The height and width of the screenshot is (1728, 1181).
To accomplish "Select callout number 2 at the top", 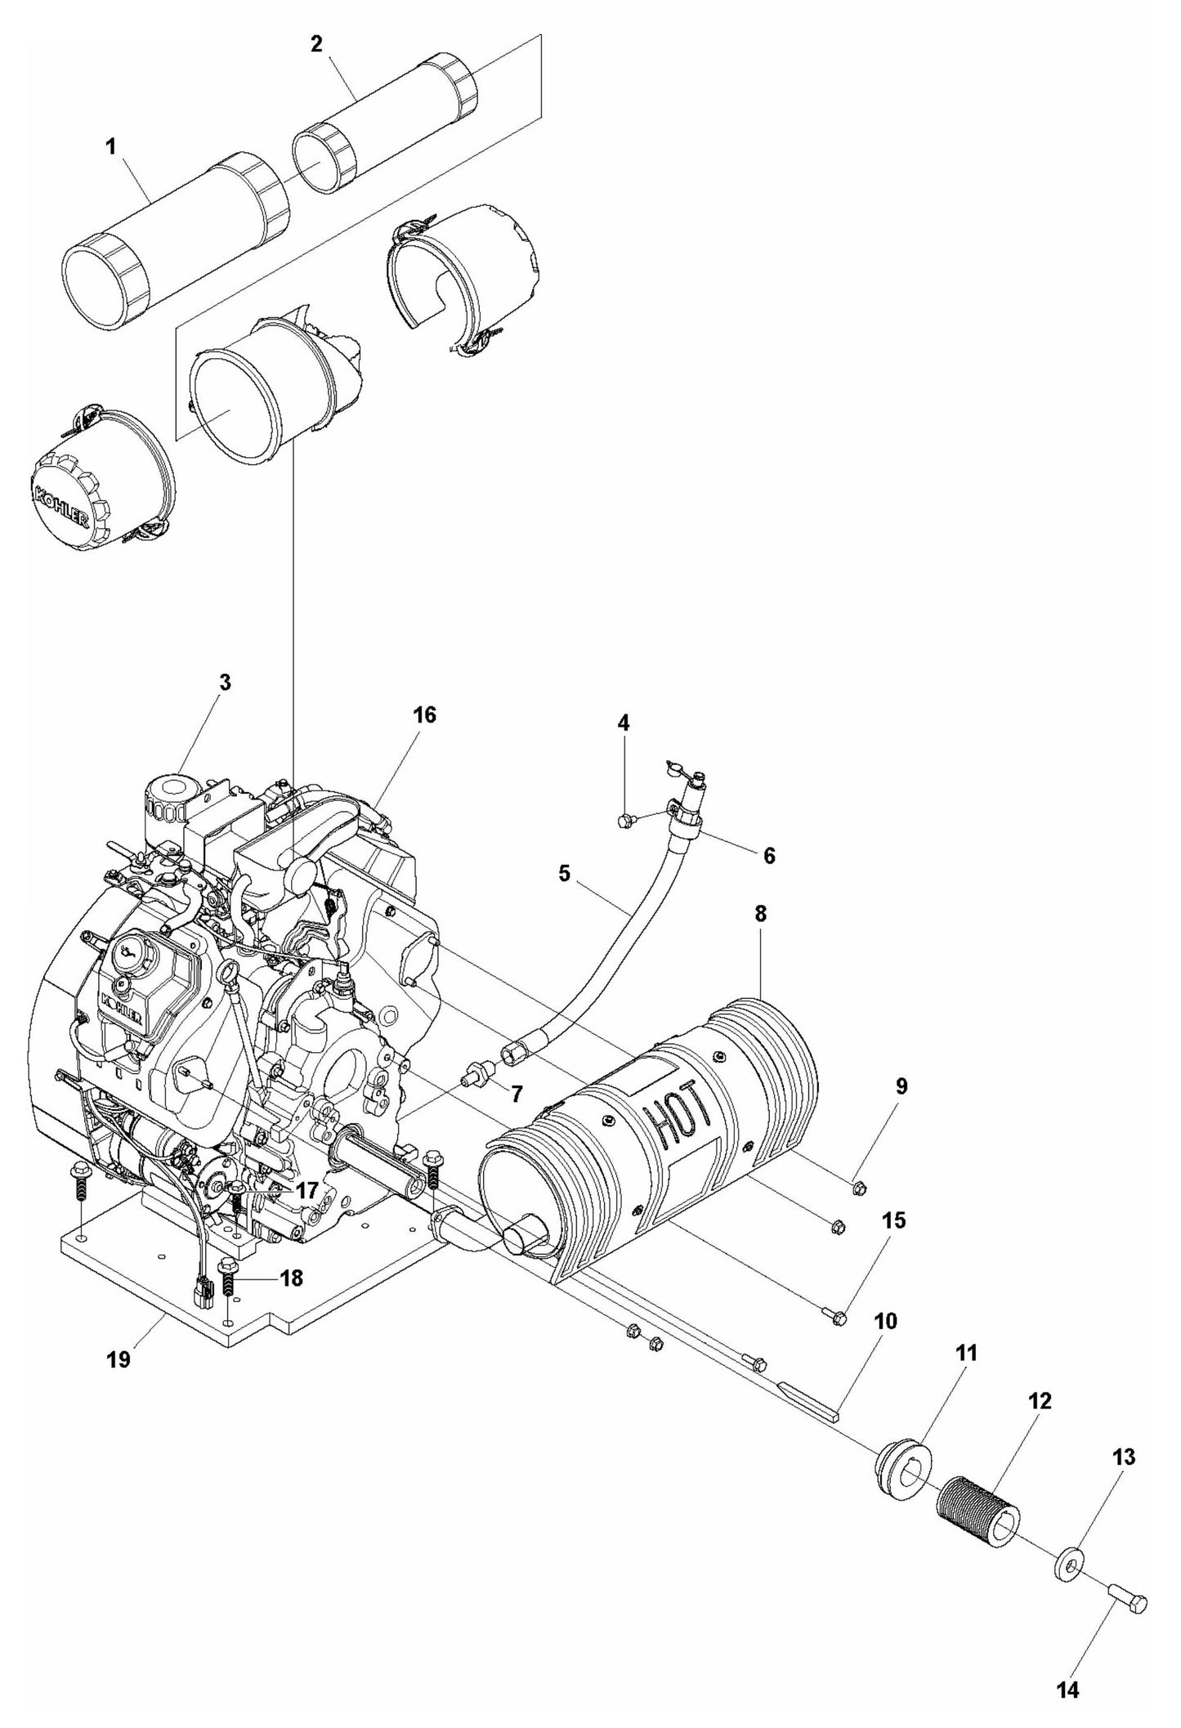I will [316, 44].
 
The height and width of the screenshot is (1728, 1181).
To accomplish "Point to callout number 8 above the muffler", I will [759, 914].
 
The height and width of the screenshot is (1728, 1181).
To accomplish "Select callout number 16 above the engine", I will [424, 715].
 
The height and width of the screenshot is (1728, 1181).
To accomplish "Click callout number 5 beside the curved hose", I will [564, 874].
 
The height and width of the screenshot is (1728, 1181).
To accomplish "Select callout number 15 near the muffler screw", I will [894, 1244].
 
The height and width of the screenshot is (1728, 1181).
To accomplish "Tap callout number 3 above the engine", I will [224, 683].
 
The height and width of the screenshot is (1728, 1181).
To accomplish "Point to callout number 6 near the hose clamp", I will [769, 856].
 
